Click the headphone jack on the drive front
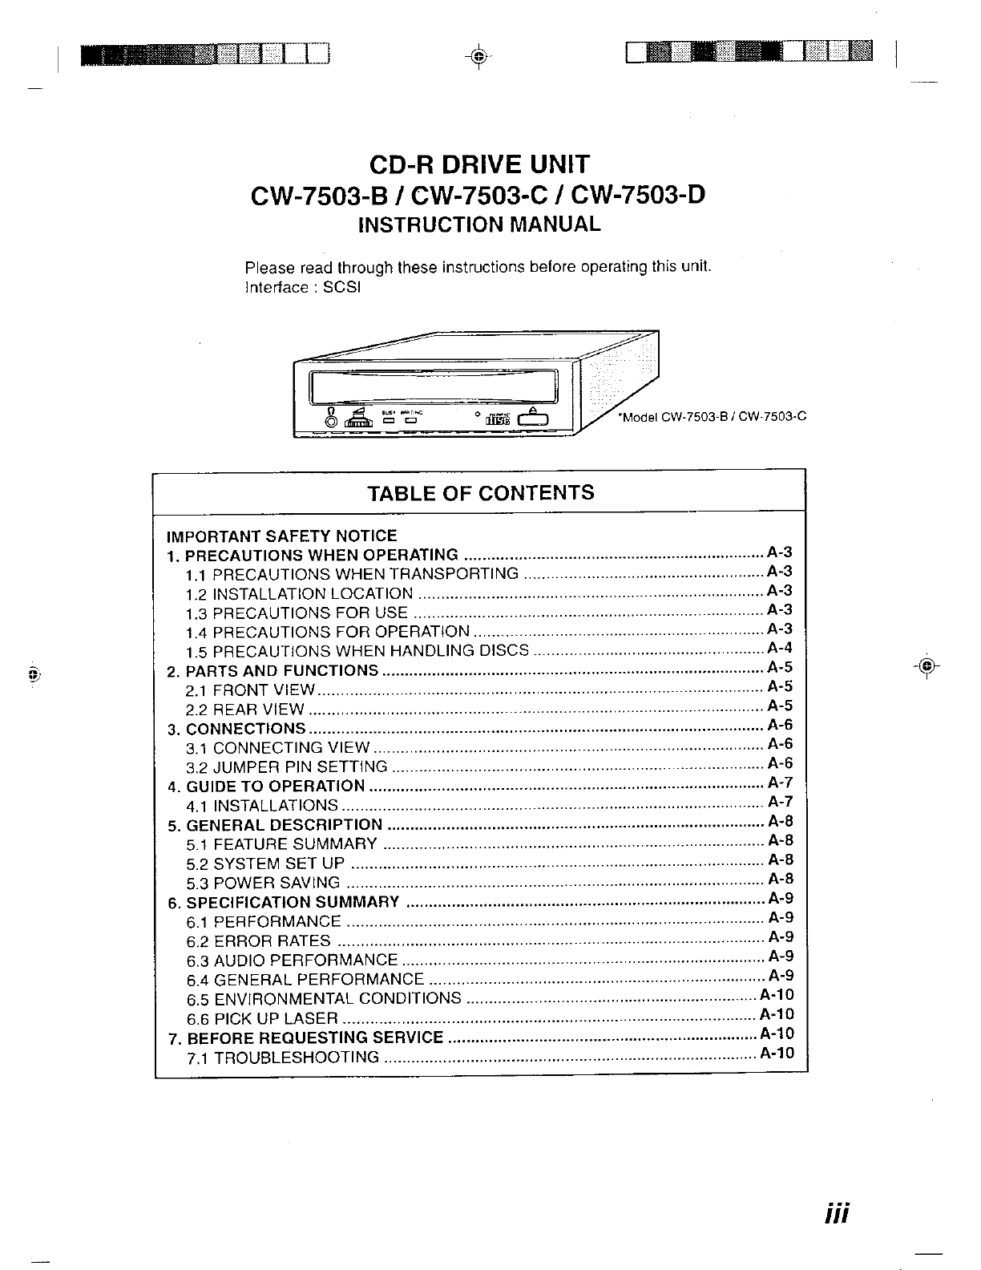[330, 420]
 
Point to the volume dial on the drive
[355, 418]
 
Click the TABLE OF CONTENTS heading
[480, 492]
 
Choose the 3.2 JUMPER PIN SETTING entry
[287, 767]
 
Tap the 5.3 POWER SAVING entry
[263, 883]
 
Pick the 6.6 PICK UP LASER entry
[262, 1018]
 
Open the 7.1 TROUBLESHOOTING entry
[283, 1057]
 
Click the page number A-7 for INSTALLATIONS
[780, 802]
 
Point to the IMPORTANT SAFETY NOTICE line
[281, 536]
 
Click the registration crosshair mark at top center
[478, 56]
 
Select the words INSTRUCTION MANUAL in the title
[479, 224]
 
